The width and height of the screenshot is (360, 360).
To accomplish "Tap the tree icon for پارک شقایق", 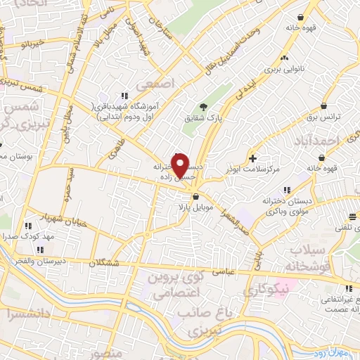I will click(x=202, y=107).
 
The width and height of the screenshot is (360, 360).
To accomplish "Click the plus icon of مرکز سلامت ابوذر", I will click(x=253, y=159).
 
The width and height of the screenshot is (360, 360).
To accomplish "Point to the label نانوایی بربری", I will click(x=283, y=71).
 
